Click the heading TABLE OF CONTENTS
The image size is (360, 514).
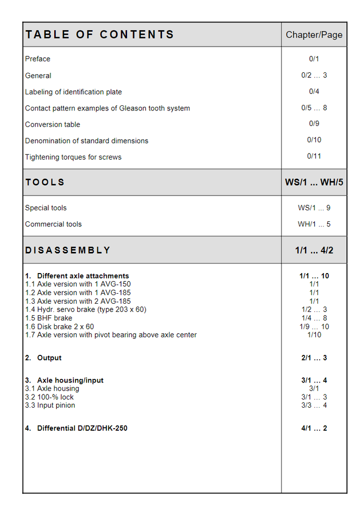(x=99, y=35)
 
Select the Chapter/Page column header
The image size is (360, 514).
(x=314, y=35)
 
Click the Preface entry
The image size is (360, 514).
(x=38, y=59)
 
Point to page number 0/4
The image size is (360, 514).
(x=314, y=91)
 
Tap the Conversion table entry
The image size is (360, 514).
(x=53, y=124)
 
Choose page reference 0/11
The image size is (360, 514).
(x=314, y=156)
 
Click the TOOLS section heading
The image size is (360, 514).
(x=45, y=182)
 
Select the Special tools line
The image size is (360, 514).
(x=46, y=208)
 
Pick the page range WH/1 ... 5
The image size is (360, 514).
(x=314, y=224)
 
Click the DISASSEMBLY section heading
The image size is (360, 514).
(x=68, y=250)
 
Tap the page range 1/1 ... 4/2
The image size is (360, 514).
(x=314, y=250)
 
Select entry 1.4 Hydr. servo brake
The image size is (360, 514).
(x=86, y=310)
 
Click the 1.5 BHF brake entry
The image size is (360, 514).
(x=49, y=318)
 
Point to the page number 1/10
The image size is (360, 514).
(x=314, y=335)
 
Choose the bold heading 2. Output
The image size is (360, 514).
(x=44, y=358)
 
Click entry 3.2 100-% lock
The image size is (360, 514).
(x=50, y=397)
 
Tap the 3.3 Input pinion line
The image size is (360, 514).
(x=50, y=406)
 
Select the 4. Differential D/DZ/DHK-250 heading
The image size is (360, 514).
(x=76, y=428)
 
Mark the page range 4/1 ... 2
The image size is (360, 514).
(x=314, y=428)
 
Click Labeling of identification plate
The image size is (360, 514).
(x=73, y=92)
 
